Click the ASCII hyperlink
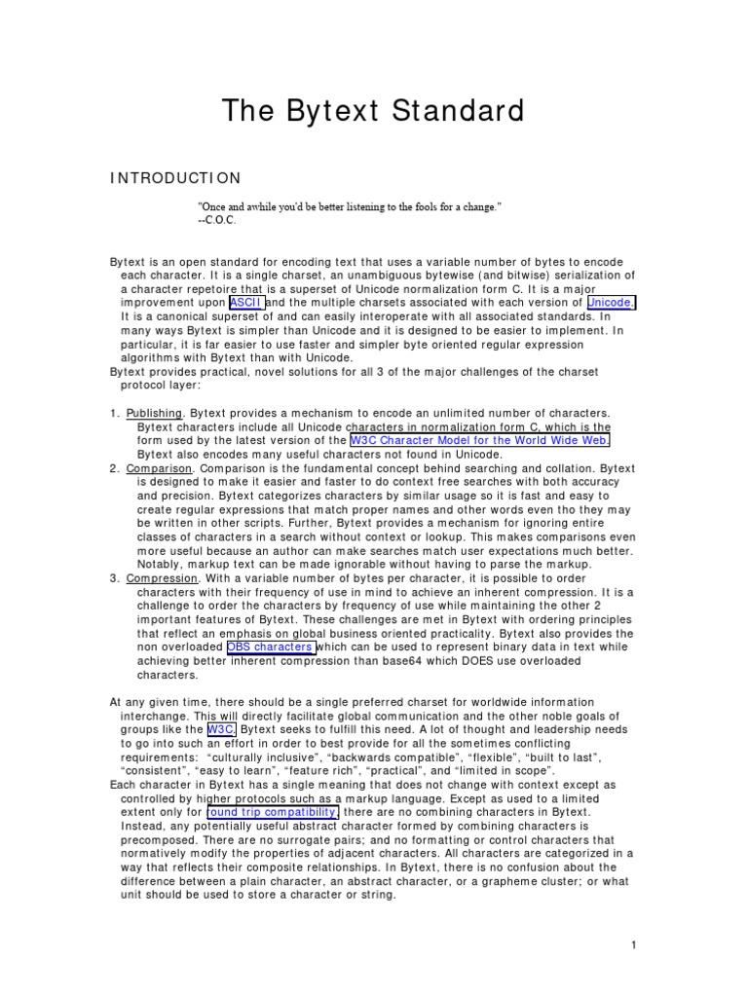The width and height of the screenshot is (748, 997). (246, 303)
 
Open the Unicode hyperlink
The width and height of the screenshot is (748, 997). (611, 303)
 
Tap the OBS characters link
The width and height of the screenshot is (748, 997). (271, 646)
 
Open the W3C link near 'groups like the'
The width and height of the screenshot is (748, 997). (220, 729)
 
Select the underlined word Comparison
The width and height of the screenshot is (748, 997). (159, 468)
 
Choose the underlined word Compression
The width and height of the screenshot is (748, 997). (161, 578)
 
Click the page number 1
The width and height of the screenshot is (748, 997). (633, 944)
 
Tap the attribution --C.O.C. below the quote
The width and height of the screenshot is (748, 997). (217, 220)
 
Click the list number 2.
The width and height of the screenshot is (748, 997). (113, 468)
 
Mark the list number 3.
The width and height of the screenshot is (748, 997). (113, 578)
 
